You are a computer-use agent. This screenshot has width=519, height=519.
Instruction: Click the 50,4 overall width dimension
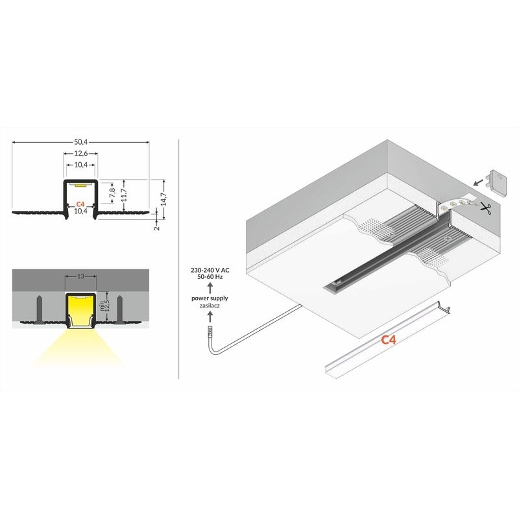pyautogui.click(x=80, y=142)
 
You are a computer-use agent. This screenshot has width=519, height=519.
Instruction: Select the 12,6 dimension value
pyautogui.click(x=80, y=153)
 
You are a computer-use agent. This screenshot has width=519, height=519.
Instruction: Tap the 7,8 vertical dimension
pyautogui.click(x=112, y=193)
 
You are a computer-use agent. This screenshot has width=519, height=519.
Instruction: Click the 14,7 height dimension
pyautogui.click(x=164, y=199)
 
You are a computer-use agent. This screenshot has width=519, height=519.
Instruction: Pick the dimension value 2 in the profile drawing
pyautogui.click(x=158, y=228)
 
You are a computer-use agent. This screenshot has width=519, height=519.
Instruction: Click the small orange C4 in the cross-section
pyautogui.click(x=80, y=204)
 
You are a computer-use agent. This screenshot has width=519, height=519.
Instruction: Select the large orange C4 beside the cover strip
pyautogui.click(x=388, y=340)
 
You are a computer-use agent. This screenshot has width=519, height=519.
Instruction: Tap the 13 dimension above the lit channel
pyautogui.click(x=80, y=276)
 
